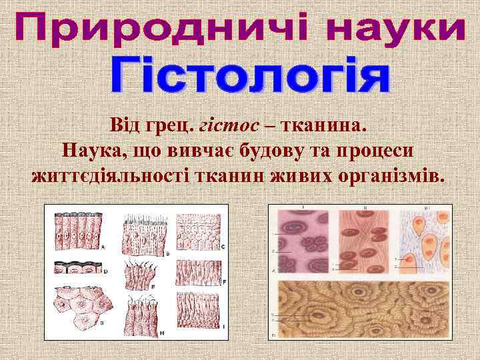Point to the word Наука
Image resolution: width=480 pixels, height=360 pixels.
point(92,150)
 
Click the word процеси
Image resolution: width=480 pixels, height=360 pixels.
point(375,150)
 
